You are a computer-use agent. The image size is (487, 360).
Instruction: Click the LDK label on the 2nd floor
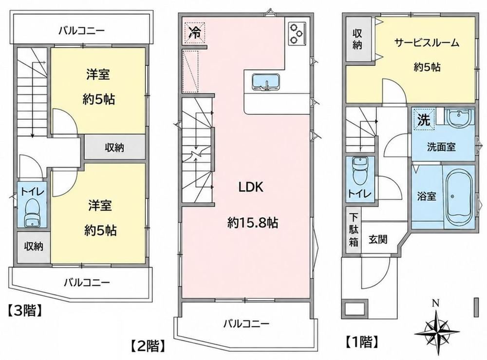[251, 187]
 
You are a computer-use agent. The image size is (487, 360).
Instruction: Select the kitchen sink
[265, 82]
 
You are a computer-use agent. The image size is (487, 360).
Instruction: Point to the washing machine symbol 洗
[424, 119]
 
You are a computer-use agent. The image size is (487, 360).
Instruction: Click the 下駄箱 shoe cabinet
[354, 230]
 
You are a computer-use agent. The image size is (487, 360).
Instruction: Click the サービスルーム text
[427, 42]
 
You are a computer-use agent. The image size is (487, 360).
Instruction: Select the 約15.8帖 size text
[252, 223]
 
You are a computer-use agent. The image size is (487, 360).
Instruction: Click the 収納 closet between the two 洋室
[114, 147]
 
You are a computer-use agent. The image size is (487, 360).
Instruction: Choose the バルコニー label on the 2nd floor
[246, 323]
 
